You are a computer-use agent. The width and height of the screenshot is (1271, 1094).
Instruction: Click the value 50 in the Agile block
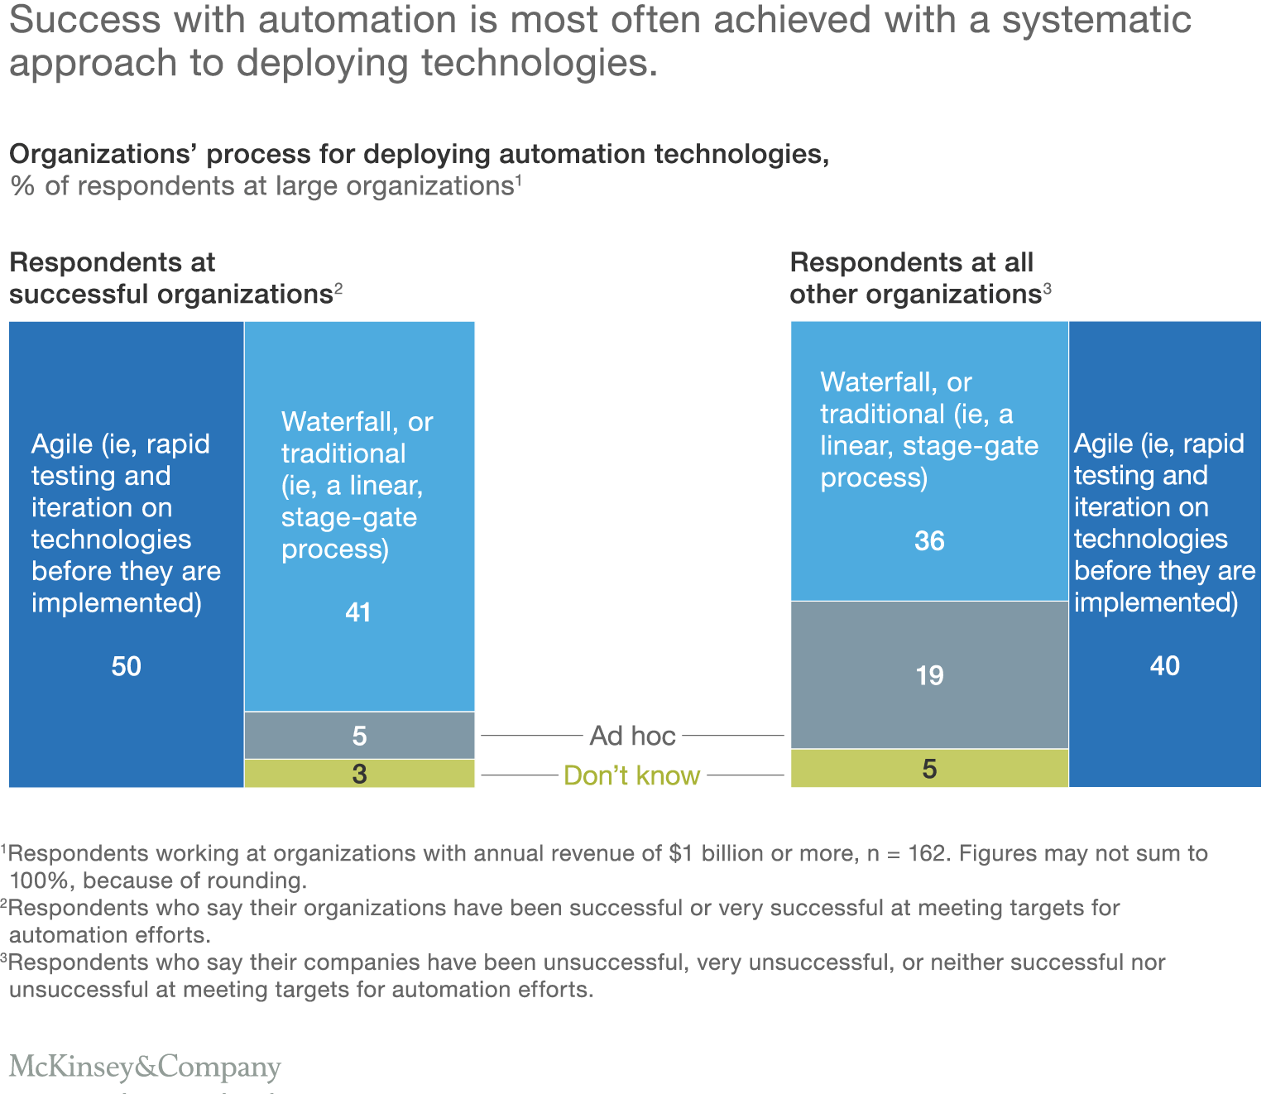click(x=127, y=666)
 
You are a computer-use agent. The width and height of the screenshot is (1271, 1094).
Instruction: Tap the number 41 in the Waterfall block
click(x=358, y=612)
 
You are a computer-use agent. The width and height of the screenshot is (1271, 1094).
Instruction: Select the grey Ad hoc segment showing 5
click(x=359, y=736)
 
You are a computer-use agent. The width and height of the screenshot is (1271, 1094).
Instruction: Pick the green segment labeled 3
click(x=359, y=774)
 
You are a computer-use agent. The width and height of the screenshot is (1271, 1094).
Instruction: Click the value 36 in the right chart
click(x=929, y=541)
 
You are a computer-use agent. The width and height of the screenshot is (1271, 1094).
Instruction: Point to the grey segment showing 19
click(x=929, y=675)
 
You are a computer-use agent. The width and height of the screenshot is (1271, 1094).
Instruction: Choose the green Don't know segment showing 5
click(x=929, y=769)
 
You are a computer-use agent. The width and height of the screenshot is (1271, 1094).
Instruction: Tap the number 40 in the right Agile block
click(x=1165, y=666)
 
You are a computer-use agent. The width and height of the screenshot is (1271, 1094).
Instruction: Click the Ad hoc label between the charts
click(x=632, y=736)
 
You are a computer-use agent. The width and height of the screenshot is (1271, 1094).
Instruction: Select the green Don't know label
click(x=631, y=775)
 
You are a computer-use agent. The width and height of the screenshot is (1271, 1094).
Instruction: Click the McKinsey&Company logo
click(x=145, y=1067)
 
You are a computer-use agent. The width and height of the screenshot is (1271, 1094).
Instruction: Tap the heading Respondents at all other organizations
click(x=915, y=278)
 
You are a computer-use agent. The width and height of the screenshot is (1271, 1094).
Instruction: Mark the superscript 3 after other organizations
click(x=1047, y=288)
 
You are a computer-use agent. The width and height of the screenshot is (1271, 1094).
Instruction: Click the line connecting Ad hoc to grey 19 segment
click(x=733, y=735)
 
